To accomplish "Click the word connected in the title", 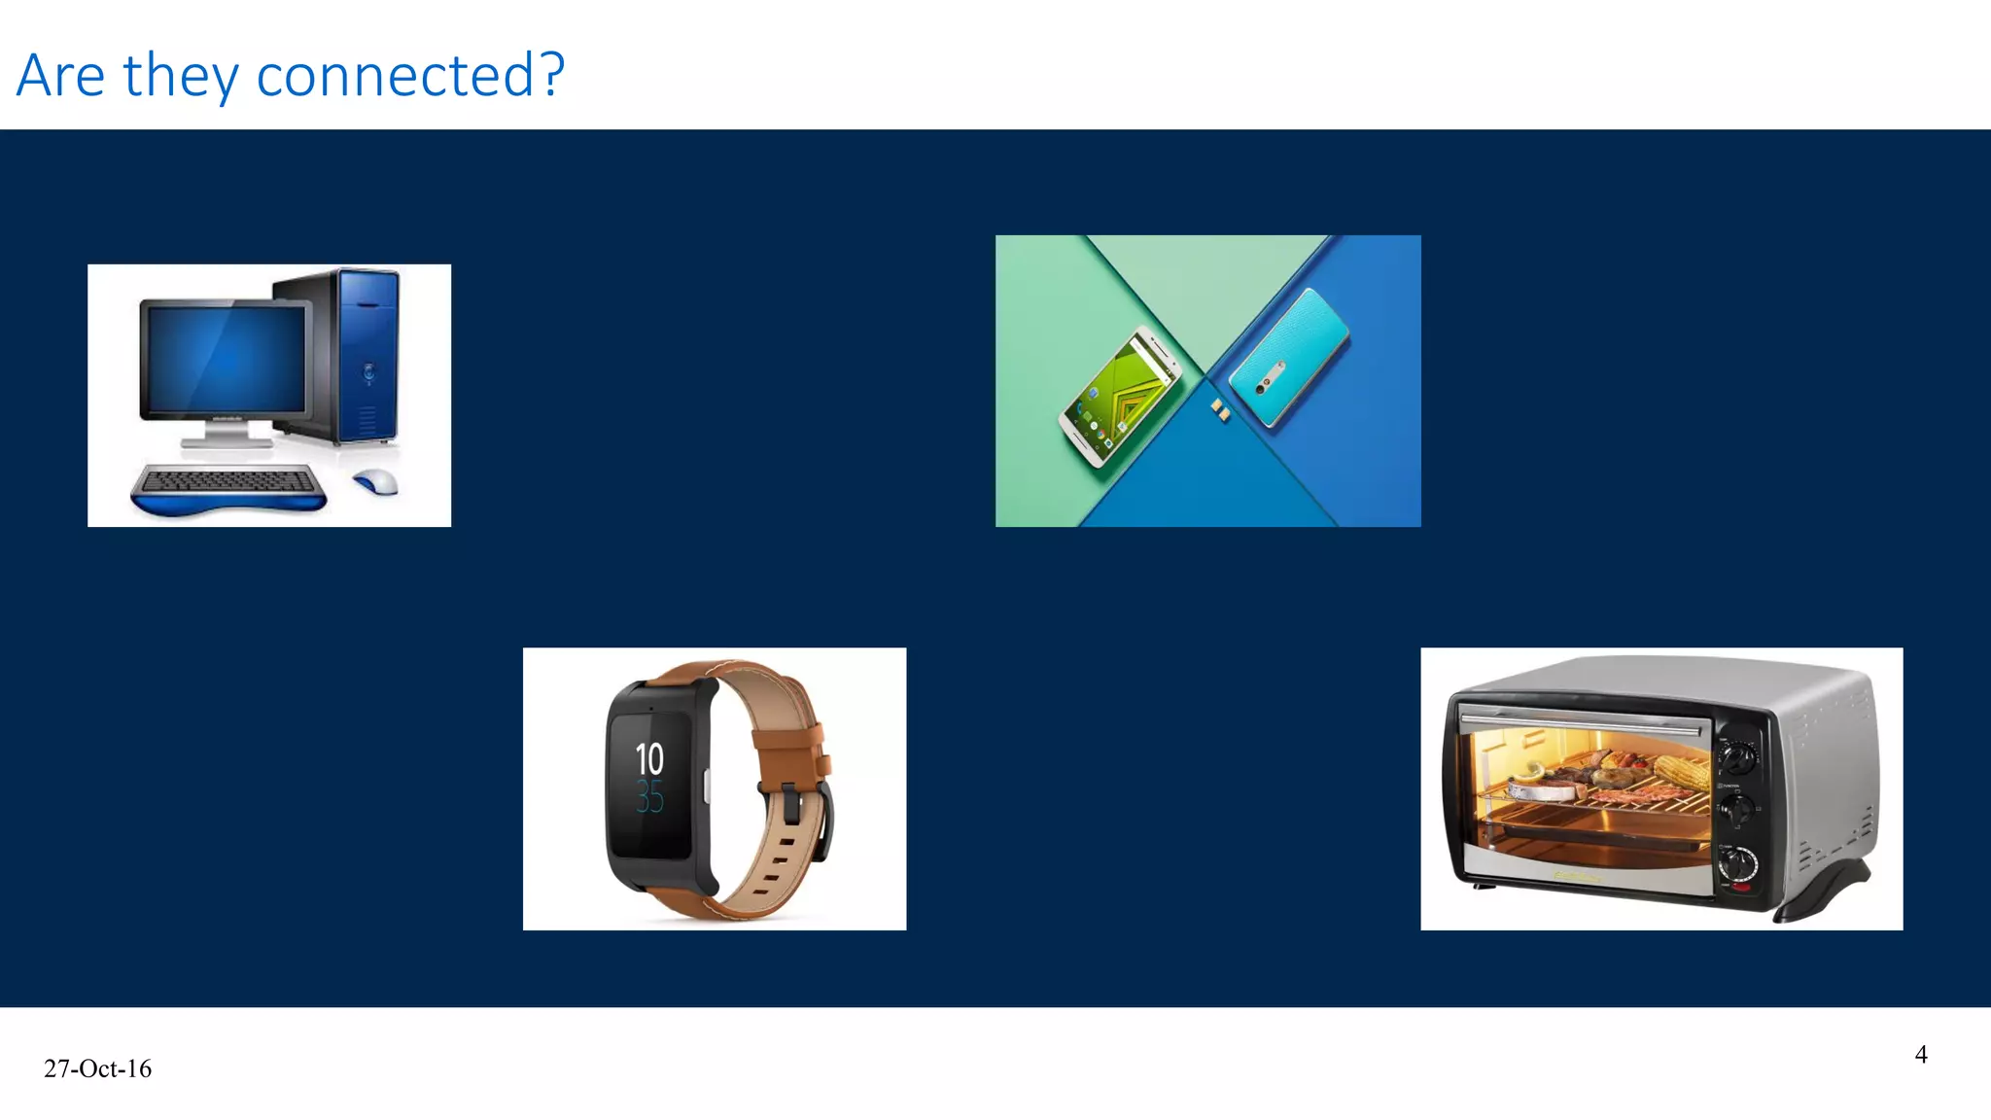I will click(394, 75).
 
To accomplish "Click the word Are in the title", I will click(60, 75).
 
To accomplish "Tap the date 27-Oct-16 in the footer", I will click(97, 1068).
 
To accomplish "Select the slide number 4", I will click(1921, 1055).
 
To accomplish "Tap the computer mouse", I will click(375, 480).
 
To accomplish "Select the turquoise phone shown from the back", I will click(1289, 357).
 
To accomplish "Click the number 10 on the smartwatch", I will click(649, 759).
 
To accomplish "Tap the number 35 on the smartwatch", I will click(649, 798).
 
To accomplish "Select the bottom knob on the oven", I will click(1739, 864).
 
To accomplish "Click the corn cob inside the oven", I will click(1680, 773).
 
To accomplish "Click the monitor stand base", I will click(227, 442).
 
